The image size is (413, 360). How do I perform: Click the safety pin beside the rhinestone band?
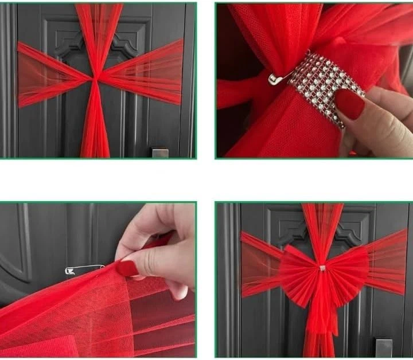pyautogui.click(x=279, y=79)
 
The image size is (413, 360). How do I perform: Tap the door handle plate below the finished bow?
pyautogui.click(x=383, y=346)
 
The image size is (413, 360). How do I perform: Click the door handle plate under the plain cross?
pyautogui.click(x=160, y=152)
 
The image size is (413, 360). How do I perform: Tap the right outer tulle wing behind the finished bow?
pyautogui.click(x=390, y=261)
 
